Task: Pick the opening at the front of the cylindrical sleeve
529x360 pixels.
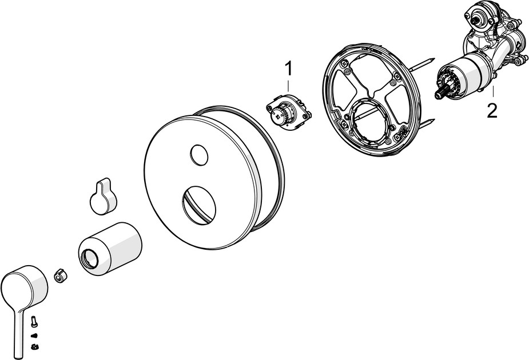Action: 91,258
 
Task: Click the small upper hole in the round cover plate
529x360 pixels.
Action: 199,155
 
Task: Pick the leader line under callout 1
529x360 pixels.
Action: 288,85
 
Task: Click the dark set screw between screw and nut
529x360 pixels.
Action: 34,335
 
